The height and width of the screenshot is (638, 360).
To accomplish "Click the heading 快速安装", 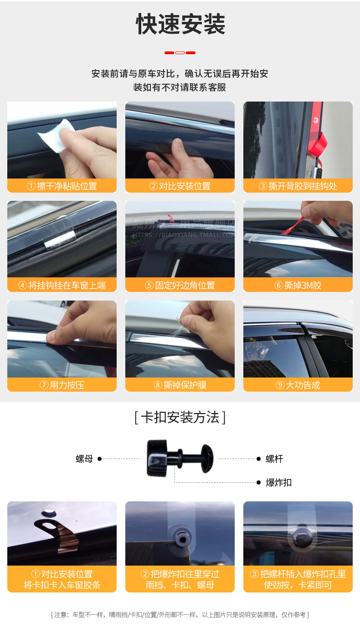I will point(180,25).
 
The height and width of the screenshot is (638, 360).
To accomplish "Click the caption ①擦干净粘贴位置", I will point(62,186).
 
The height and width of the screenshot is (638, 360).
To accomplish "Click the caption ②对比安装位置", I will point(180,186).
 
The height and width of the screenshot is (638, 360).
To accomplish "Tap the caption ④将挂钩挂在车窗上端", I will point(62,286).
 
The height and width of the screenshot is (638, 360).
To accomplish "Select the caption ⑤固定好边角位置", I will point(180,286).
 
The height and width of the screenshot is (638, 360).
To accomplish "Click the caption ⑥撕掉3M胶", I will point(298,286).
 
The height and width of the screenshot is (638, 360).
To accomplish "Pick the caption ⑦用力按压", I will point(62,385).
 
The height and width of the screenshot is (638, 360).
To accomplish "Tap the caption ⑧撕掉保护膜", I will point(180,385).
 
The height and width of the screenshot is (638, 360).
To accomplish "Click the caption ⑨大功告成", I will point(298,385).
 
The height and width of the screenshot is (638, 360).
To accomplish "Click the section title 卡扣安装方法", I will point(180,417).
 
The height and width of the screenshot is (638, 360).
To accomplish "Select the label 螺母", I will point(84,459).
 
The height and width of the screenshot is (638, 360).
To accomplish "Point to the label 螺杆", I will point(274,459).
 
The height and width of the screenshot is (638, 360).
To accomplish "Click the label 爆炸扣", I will point(278,483).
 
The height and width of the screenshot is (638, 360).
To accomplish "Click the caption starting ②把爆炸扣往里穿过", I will point(180,579).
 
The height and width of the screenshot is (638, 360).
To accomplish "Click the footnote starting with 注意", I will point(180,615).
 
